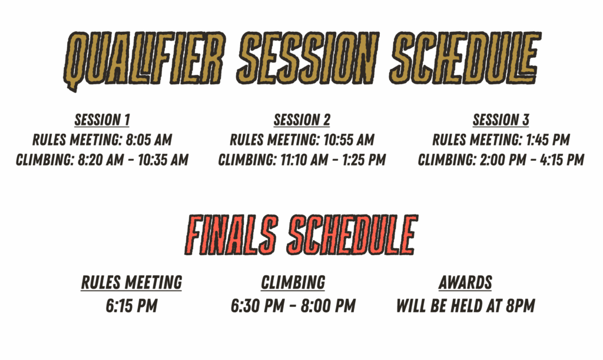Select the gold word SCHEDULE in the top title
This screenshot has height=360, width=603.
coord(465,58)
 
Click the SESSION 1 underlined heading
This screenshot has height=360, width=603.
coord(102,120)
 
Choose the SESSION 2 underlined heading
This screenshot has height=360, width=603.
coord(302,120)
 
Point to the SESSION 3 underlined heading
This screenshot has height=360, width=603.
coord(501,120)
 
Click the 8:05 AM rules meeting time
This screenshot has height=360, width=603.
coord(149,140)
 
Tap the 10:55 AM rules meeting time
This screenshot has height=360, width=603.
coord(349,140)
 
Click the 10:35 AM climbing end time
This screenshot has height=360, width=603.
coord(163,160)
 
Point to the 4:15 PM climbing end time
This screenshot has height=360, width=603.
coord(562,160)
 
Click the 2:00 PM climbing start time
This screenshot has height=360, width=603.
coord(503,160)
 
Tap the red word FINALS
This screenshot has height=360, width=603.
coord(231,235)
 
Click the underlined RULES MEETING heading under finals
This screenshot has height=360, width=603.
coord(131,283)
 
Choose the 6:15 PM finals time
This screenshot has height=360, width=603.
coord(131,306)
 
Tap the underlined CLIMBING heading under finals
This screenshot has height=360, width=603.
coord(293,283)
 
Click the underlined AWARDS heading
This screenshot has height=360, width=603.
coord(465,283)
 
